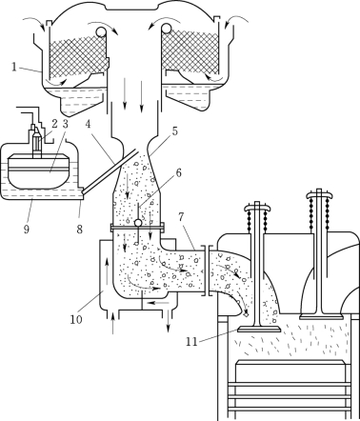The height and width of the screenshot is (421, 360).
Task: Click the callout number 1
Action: [x=14, y=67]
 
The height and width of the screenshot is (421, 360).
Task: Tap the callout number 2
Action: [x=54, y=124]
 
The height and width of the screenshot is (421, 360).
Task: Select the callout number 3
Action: [x=65, y=124]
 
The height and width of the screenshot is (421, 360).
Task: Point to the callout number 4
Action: [x=88, y=124]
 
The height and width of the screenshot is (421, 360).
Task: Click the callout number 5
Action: [x=175, y=131]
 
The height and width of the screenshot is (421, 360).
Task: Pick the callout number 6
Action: [x=178, y=173]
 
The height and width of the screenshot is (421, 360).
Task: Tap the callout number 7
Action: [x=181, y=217]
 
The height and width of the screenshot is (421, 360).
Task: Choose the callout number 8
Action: [x=80, y=229]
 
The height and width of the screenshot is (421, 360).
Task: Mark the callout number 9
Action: [x=27, y=229]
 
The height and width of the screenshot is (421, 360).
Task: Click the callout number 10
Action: [x=76, y=319]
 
